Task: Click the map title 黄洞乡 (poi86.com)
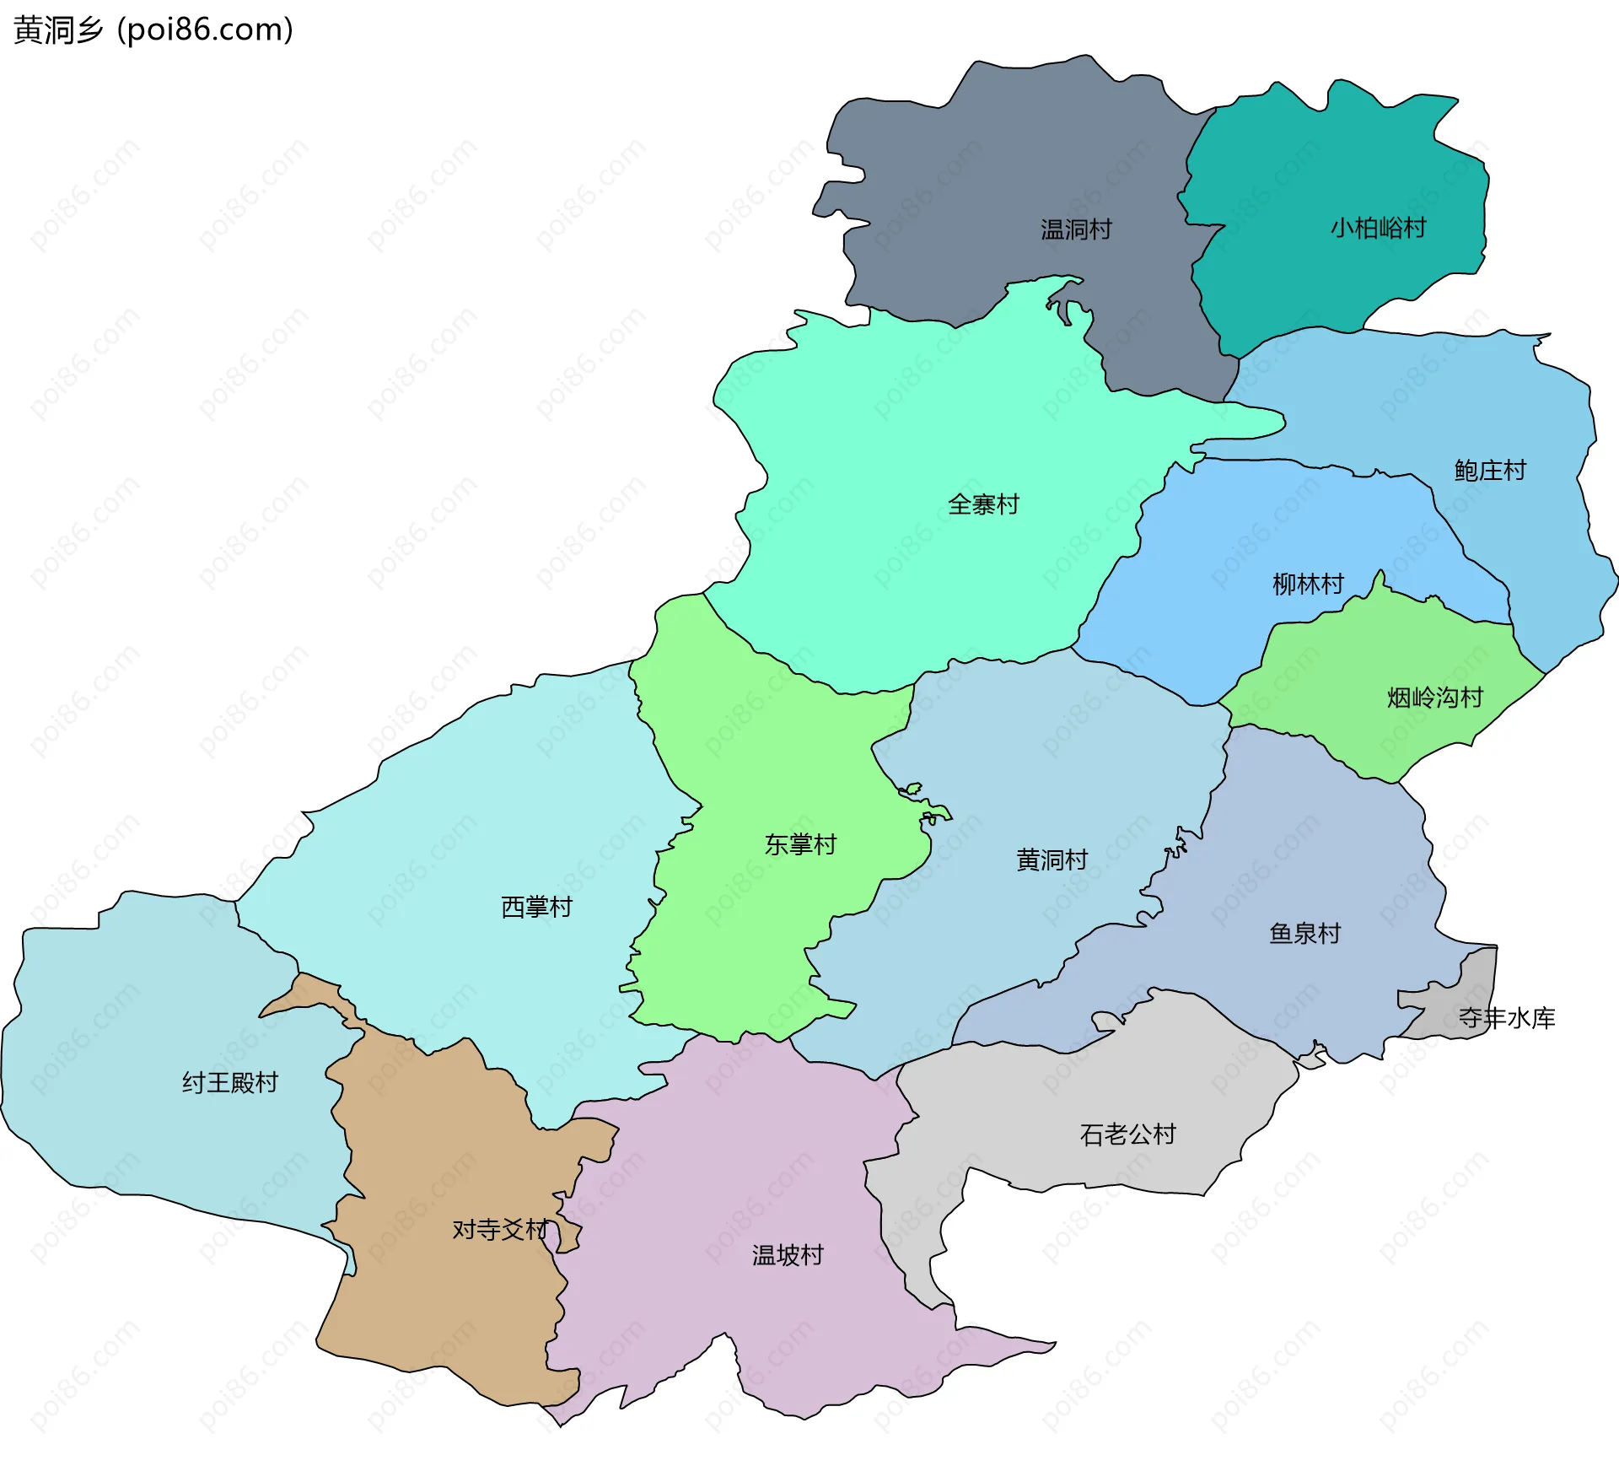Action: (153, 30)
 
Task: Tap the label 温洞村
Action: (1075, 229)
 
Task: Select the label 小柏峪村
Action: (1378, 228)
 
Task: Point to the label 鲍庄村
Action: (1489, 471)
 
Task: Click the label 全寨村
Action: (983, 504)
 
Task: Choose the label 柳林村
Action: (1307, 584)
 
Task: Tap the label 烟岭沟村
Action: (1434, 698)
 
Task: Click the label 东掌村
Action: (799, 844)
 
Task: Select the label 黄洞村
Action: (1052, 860)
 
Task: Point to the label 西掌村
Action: (536, 907)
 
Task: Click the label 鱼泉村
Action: (1304, 934)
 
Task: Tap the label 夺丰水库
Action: (1506, 1018)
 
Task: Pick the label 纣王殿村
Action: (229, 1082)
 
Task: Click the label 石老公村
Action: (1127, 1134)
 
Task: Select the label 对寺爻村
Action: (499, 1230)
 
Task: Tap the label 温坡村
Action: (787, 1255)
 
